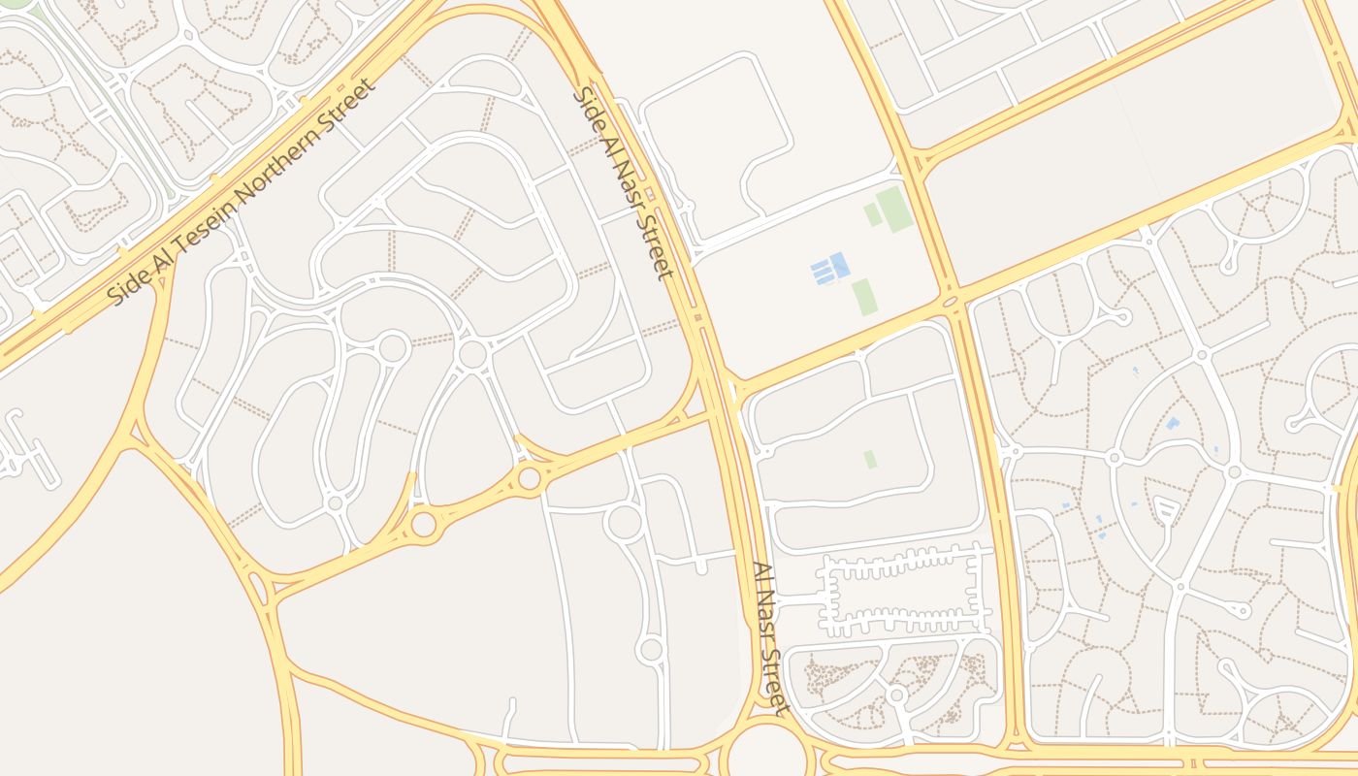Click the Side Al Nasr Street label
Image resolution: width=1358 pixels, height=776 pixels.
click(624, 183)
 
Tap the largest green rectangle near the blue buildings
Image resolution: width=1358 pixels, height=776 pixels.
click(894, 210)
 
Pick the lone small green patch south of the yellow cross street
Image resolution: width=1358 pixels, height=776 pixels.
click(870, 459)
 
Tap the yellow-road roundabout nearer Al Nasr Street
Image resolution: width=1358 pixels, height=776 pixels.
click(529, 477)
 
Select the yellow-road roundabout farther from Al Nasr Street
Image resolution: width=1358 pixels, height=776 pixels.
click(424, 524)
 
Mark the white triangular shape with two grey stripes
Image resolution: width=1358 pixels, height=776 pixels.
click(1165, 507)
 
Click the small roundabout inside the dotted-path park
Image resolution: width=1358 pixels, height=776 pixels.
click(897, 695)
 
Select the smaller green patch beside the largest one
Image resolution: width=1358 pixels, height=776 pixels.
click(873, 214)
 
